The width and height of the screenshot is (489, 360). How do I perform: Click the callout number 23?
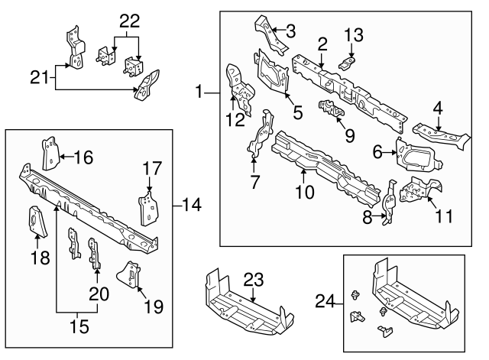pyautogui.click(x=254, y=281)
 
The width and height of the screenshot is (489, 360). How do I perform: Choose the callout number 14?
pyautogui.click(x=193, y=205)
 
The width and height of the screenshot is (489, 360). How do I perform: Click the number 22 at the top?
pyautogui.click(x=130, y=21)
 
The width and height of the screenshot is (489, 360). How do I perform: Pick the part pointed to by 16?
pyautogui.click(x=49, y=154)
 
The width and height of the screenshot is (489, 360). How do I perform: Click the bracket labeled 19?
pyautogui.click(x=129, y=276)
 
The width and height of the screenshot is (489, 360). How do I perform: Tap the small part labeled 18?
pyautogui.click(x=35, y=222)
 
